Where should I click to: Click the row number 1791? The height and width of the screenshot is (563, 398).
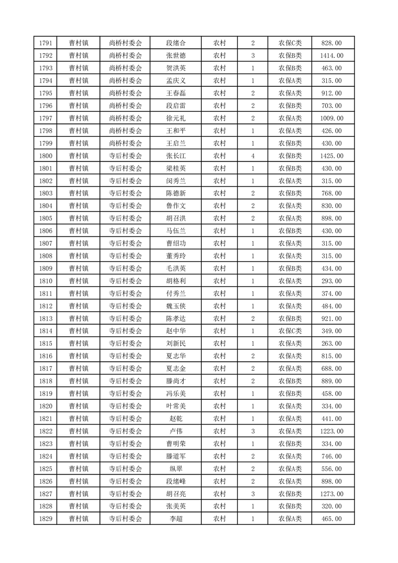(45, 43)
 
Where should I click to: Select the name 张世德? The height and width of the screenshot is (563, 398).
(175, 56)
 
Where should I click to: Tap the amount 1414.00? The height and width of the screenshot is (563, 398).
(332, 56)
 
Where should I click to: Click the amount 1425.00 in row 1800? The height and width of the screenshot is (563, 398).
(332, 156)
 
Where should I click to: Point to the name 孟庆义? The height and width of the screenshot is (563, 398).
(175, 81)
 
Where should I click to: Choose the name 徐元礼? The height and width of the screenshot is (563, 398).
(175, 118)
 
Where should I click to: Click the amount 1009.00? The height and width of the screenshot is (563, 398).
(332, 118)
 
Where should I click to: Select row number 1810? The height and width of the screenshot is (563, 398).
(45, 281)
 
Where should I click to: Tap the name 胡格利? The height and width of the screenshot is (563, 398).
(175, 281)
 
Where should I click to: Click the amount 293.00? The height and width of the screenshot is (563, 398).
(332, 281)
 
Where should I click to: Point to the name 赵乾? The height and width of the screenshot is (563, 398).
(175, 418)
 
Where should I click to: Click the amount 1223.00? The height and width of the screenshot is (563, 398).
(332, 431)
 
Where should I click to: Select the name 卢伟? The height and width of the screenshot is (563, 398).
(175, 431)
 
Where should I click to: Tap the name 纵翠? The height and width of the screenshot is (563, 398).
(175, 469)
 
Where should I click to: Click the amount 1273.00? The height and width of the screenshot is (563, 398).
(332, 494)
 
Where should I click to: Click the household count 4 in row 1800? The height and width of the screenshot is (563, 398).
(252, 156)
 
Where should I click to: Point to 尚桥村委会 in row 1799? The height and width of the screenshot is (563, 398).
(125, 144)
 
